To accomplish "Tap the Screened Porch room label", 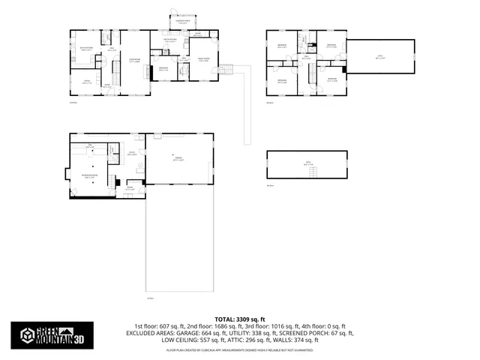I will coord(172,22).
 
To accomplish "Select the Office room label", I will coord(85,81).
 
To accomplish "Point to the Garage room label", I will coord(178,159).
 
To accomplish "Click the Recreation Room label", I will coord(90,176).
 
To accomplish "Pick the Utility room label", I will coord(131,153).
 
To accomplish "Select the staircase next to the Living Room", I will coord(116,73).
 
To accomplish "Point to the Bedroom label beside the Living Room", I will coord(163,68).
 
